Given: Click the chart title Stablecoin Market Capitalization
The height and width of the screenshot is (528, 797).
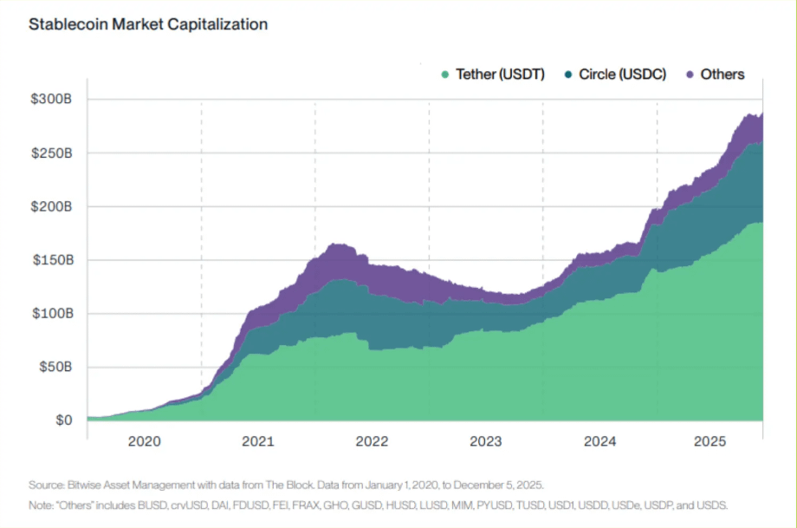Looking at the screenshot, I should [x=148, y=24].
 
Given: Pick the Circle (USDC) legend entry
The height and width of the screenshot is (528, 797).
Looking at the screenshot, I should [x=622, y=75].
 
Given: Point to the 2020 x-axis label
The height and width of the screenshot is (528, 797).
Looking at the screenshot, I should [x=145, y=441].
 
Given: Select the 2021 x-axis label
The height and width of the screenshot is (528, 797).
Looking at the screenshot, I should [x=258, y=441].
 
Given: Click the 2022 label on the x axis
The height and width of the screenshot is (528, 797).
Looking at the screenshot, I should [x=373, y=441].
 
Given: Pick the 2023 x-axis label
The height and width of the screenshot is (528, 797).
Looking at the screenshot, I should [x=486, y=441].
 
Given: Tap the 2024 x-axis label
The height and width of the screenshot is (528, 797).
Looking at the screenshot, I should [x=600, y=441].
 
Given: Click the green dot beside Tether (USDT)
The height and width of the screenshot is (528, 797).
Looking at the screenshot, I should [x=444, y=75].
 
